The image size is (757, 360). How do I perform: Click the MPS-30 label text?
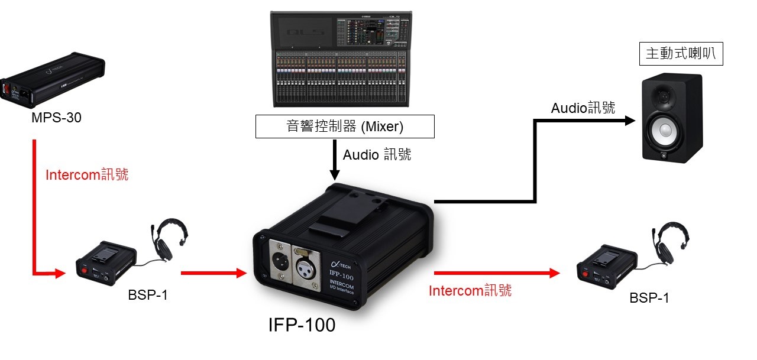click(x=57, y=118)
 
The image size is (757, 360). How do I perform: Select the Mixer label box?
click(x=345, y=127)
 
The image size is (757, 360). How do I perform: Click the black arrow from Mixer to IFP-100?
click(x=335, y=160)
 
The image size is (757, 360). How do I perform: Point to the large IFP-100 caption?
click(x=302, y=325)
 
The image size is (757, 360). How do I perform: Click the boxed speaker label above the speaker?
click(x=681, y=54)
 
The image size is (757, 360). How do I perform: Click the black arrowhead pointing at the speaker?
click(x=629, y=121)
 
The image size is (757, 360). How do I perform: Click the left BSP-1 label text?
click(x=148, y=295)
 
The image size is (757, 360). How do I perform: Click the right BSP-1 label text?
click(x=649, y=298)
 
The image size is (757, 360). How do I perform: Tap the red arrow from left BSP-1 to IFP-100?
click(x=213, y=273)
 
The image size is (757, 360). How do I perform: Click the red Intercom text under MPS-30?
click(x=87, y=175)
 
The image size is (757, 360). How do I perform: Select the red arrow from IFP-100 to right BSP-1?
click(x=497, y=273)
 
